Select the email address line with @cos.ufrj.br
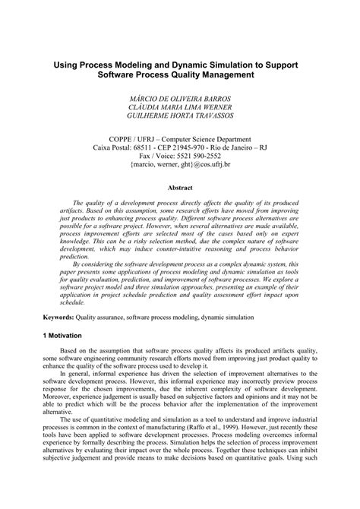pos(180,163)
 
